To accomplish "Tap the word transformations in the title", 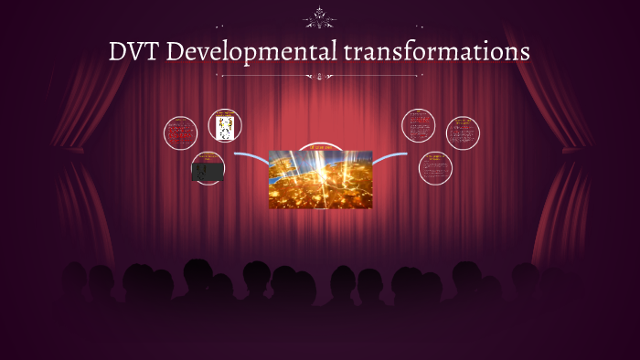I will (437, 52).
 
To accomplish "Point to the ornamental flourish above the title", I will (320, 16).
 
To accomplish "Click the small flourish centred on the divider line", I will (320, 77).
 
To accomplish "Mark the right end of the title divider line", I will (421, 77).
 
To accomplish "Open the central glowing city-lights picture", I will (320, 180).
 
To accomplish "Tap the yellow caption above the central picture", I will (320, 147).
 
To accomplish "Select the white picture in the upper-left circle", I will (225, 127).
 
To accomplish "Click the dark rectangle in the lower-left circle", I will (208, 170).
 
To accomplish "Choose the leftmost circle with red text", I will (180, 133).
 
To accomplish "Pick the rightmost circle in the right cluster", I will (463, 133).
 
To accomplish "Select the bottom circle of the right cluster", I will (435, 167).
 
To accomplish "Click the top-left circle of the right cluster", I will (418, 125).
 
